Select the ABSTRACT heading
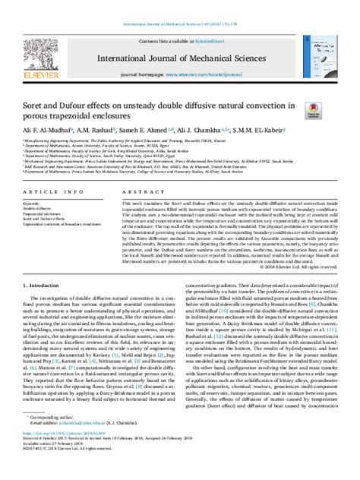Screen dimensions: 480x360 pos(143,194)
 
